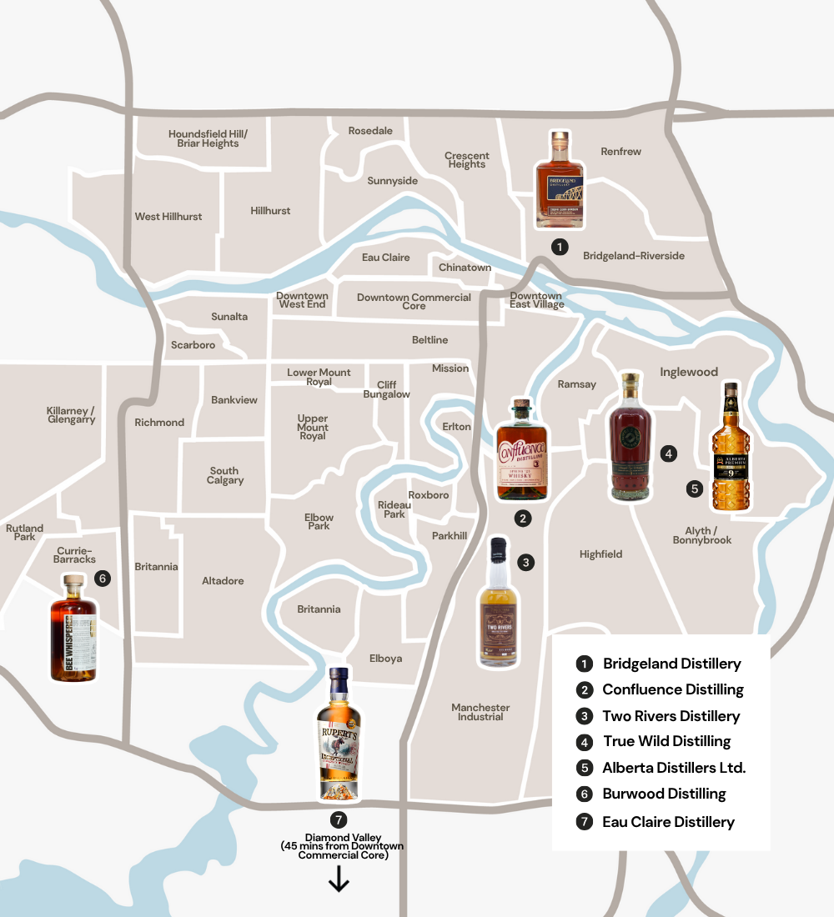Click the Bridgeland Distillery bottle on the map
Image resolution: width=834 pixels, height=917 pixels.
560,180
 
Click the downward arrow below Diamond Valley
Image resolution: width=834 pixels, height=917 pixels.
339,879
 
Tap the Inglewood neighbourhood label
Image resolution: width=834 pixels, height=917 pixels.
689,372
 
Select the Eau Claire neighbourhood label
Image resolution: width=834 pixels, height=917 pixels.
385,258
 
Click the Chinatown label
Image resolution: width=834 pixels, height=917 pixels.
465,268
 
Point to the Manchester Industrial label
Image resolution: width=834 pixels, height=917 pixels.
480,712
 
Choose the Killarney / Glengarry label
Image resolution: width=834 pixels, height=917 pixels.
72,415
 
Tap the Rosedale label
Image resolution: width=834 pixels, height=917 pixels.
370,131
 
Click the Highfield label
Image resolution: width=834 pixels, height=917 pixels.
600,554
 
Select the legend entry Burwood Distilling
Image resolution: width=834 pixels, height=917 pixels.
664,794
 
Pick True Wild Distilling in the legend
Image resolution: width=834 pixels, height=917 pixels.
666,741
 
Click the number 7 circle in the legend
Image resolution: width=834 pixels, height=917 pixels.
585,822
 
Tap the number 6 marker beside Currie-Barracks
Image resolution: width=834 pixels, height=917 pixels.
103,578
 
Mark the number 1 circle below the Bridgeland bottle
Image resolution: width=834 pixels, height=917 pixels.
560,247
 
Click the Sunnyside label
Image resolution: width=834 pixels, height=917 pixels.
393,181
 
